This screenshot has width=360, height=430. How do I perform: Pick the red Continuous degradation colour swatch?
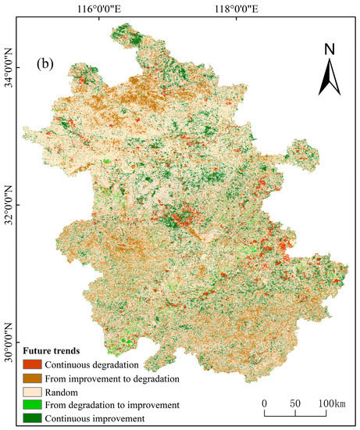32,365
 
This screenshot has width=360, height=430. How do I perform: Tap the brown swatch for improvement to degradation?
32,378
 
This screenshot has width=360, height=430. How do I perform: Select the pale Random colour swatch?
32,392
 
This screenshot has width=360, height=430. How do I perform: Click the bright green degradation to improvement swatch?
32,405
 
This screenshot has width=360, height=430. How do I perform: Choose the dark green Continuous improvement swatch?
32,418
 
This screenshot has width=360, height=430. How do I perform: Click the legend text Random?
61,392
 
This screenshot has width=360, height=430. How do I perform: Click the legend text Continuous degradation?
91,365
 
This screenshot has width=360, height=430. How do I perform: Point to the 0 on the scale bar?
264,403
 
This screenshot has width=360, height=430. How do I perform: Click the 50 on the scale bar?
295,403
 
